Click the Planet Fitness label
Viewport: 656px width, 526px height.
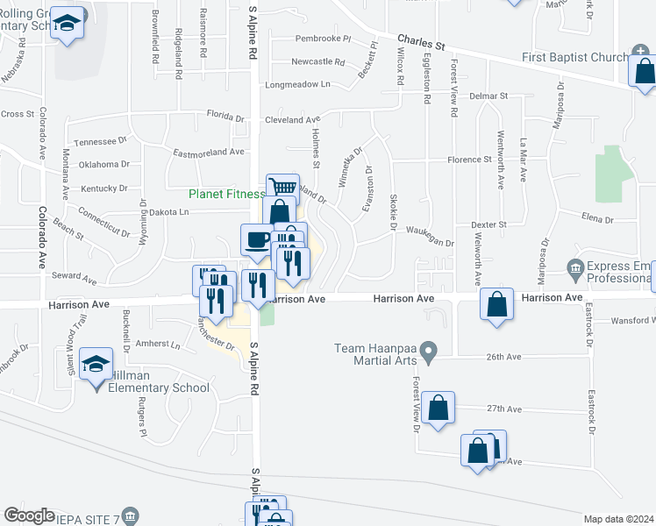226,194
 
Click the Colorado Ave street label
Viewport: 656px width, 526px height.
40,236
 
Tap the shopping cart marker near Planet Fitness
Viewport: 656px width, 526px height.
282,188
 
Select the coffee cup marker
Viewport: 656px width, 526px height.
257,238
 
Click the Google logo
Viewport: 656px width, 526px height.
29,515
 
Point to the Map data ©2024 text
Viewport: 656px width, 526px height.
619,519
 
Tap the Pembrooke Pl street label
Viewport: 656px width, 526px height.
322,39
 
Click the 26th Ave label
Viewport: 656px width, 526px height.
504,357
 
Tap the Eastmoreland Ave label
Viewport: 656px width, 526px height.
208,152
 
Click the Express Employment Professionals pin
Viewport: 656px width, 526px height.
575,267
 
